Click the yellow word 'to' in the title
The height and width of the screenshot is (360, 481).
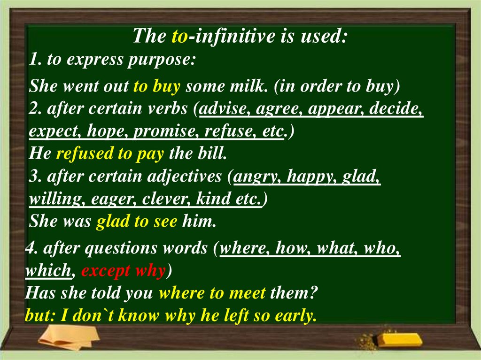point(179,36)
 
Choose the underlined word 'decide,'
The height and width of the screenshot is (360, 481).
point(396,109)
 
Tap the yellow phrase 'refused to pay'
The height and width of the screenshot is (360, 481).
point(110,153)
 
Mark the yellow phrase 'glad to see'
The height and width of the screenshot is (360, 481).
point(137,221)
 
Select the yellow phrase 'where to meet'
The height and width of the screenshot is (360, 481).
point(212,294)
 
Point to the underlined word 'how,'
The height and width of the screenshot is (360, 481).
point(293,249)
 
